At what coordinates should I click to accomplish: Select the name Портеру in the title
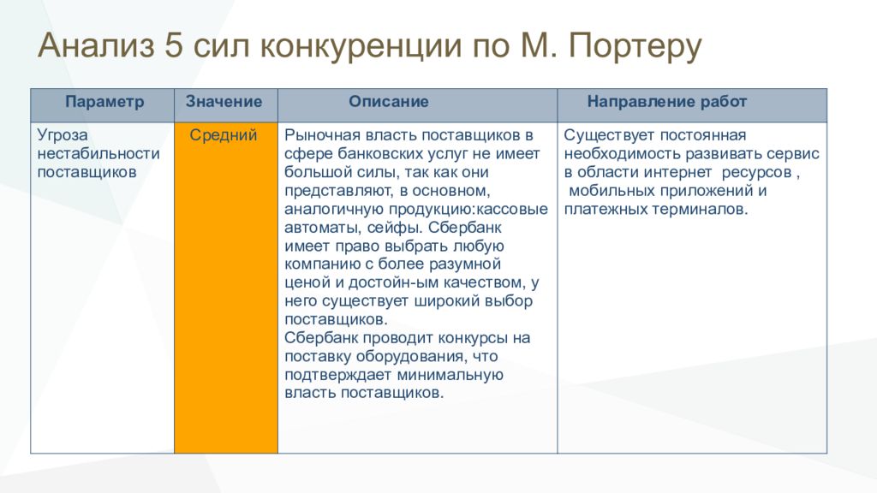(635, 47)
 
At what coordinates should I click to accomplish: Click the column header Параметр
(104, 102)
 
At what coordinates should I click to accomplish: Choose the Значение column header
(224, 101)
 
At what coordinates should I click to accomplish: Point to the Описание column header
(389, 101)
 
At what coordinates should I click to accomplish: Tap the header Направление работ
(666, 102)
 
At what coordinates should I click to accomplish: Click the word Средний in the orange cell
(224, 134)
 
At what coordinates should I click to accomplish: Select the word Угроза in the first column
(63, 135)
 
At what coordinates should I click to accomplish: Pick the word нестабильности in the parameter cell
(98, 153)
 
